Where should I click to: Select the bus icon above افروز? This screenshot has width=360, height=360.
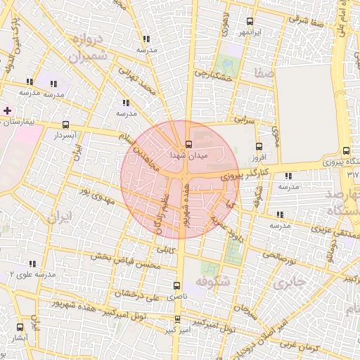(x=259, y=146)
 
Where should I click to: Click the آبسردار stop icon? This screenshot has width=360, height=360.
(x=66, y=124)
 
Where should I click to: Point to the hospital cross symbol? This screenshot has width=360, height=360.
(x=7, y=110)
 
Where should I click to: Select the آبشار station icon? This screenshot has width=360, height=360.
(x=19, y=327)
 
